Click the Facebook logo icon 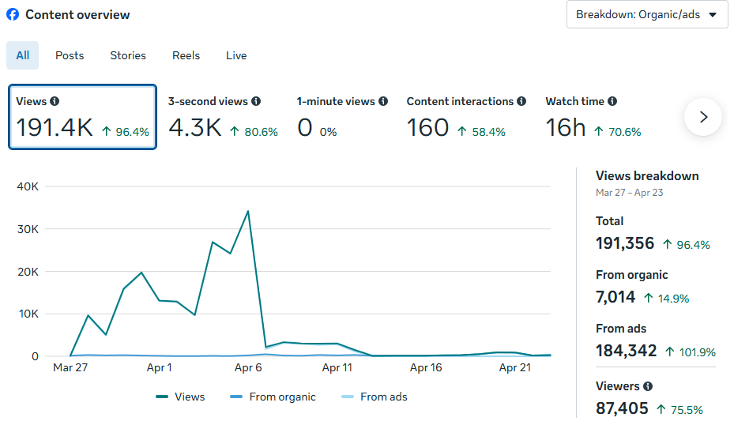click(x=13, y=14)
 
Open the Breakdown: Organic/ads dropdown click(x=647, y=14)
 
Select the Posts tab click(x=70, y=55)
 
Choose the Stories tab click(x=128, y=55)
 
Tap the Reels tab click(x=186, y=55)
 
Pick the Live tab click(x=236, y=55)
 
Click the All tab click(x=22, y=55)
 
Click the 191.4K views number click(x=55, y=128)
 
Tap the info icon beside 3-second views click(x=255, y=101)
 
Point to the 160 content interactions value click(x=428, y=128)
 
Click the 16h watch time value click(x=566, y=128)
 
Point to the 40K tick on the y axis click(x=28, y=186)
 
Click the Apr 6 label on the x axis click(x=248, y=368)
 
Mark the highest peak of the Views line click(x=248, y=211)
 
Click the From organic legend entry click(x=273, y=397)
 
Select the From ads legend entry click(x=374, y=397)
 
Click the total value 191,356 click(x=625, y=243)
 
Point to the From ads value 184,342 click(x=627, y=351)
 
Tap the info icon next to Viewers click(x=648, y=386)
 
